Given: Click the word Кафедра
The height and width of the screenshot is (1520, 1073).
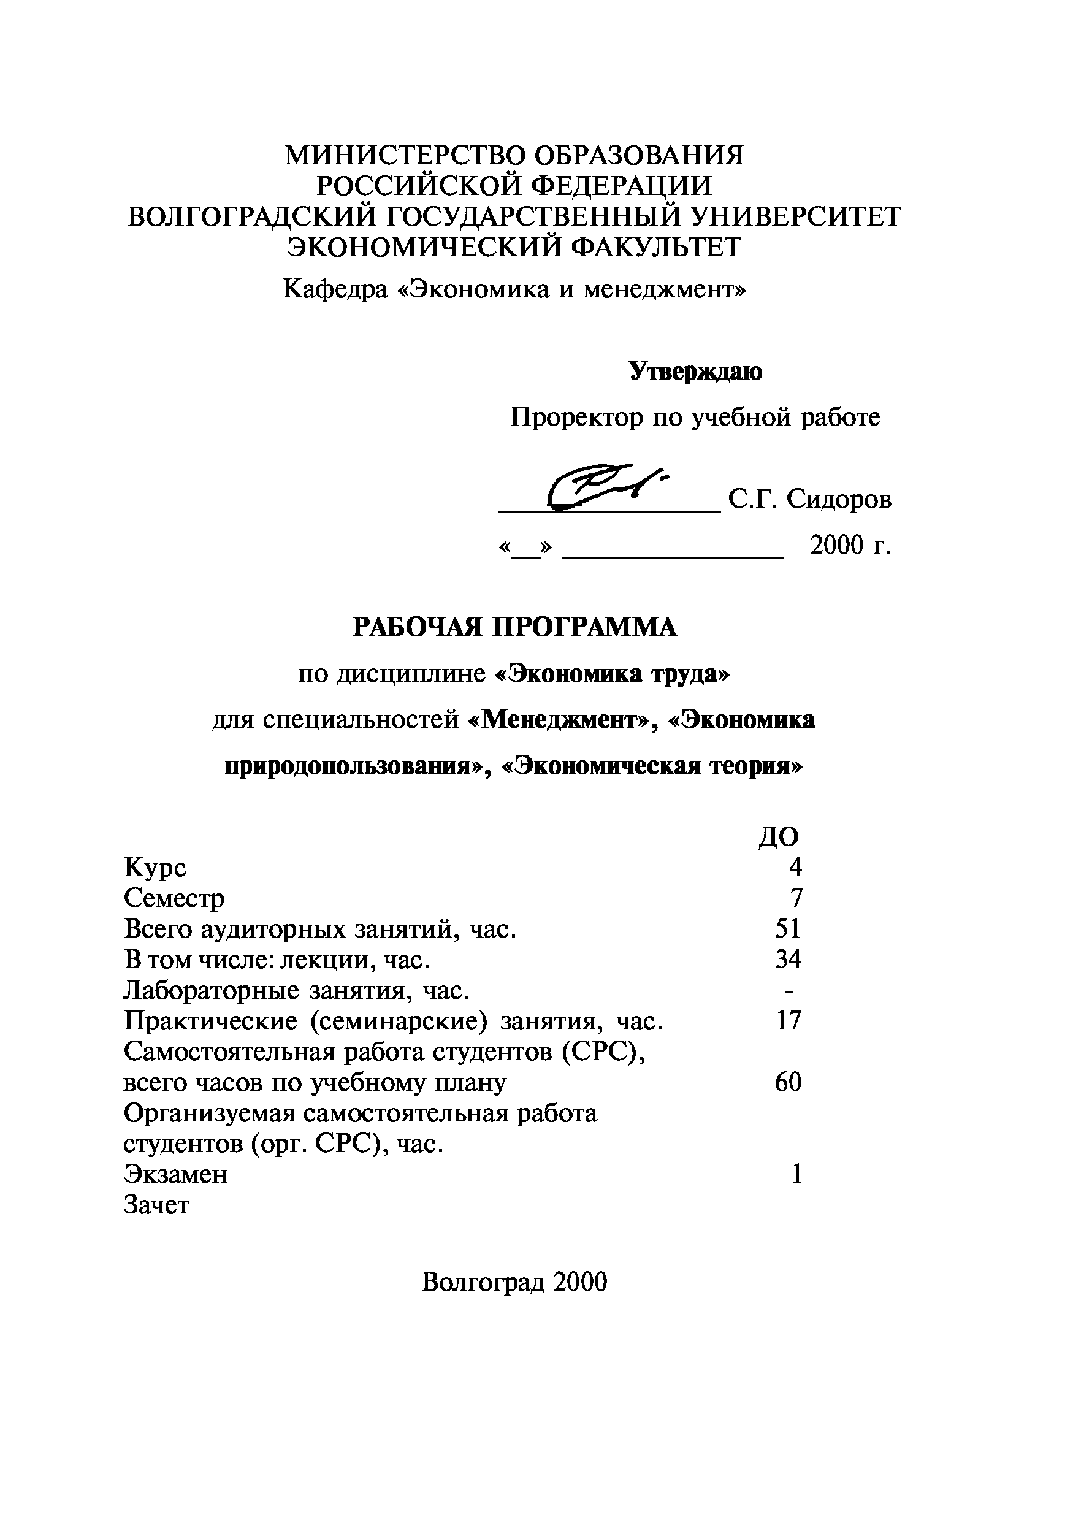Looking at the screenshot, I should coord(335,289).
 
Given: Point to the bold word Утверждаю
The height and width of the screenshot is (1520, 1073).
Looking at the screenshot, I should coord(695,372).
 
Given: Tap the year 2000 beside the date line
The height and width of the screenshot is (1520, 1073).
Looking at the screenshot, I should coord(838,546).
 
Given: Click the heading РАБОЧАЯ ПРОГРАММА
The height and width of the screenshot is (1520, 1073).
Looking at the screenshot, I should coord(514,627).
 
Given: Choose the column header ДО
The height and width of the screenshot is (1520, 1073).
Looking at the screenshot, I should coord(779,837).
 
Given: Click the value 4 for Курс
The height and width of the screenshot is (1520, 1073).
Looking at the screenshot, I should coord(795,867).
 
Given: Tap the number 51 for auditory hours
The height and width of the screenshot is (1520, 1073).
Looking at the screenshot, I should coord(788,929).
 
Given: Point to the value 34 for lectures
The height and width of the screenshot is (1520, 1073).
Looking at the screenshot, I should coord(788,959).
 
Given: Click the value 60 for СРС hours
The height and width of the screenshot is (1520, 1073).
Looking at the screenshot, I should coord(788,1082).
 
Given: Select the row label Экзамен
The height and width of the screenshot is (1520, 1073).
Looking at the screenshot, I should coord(175,1174).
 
